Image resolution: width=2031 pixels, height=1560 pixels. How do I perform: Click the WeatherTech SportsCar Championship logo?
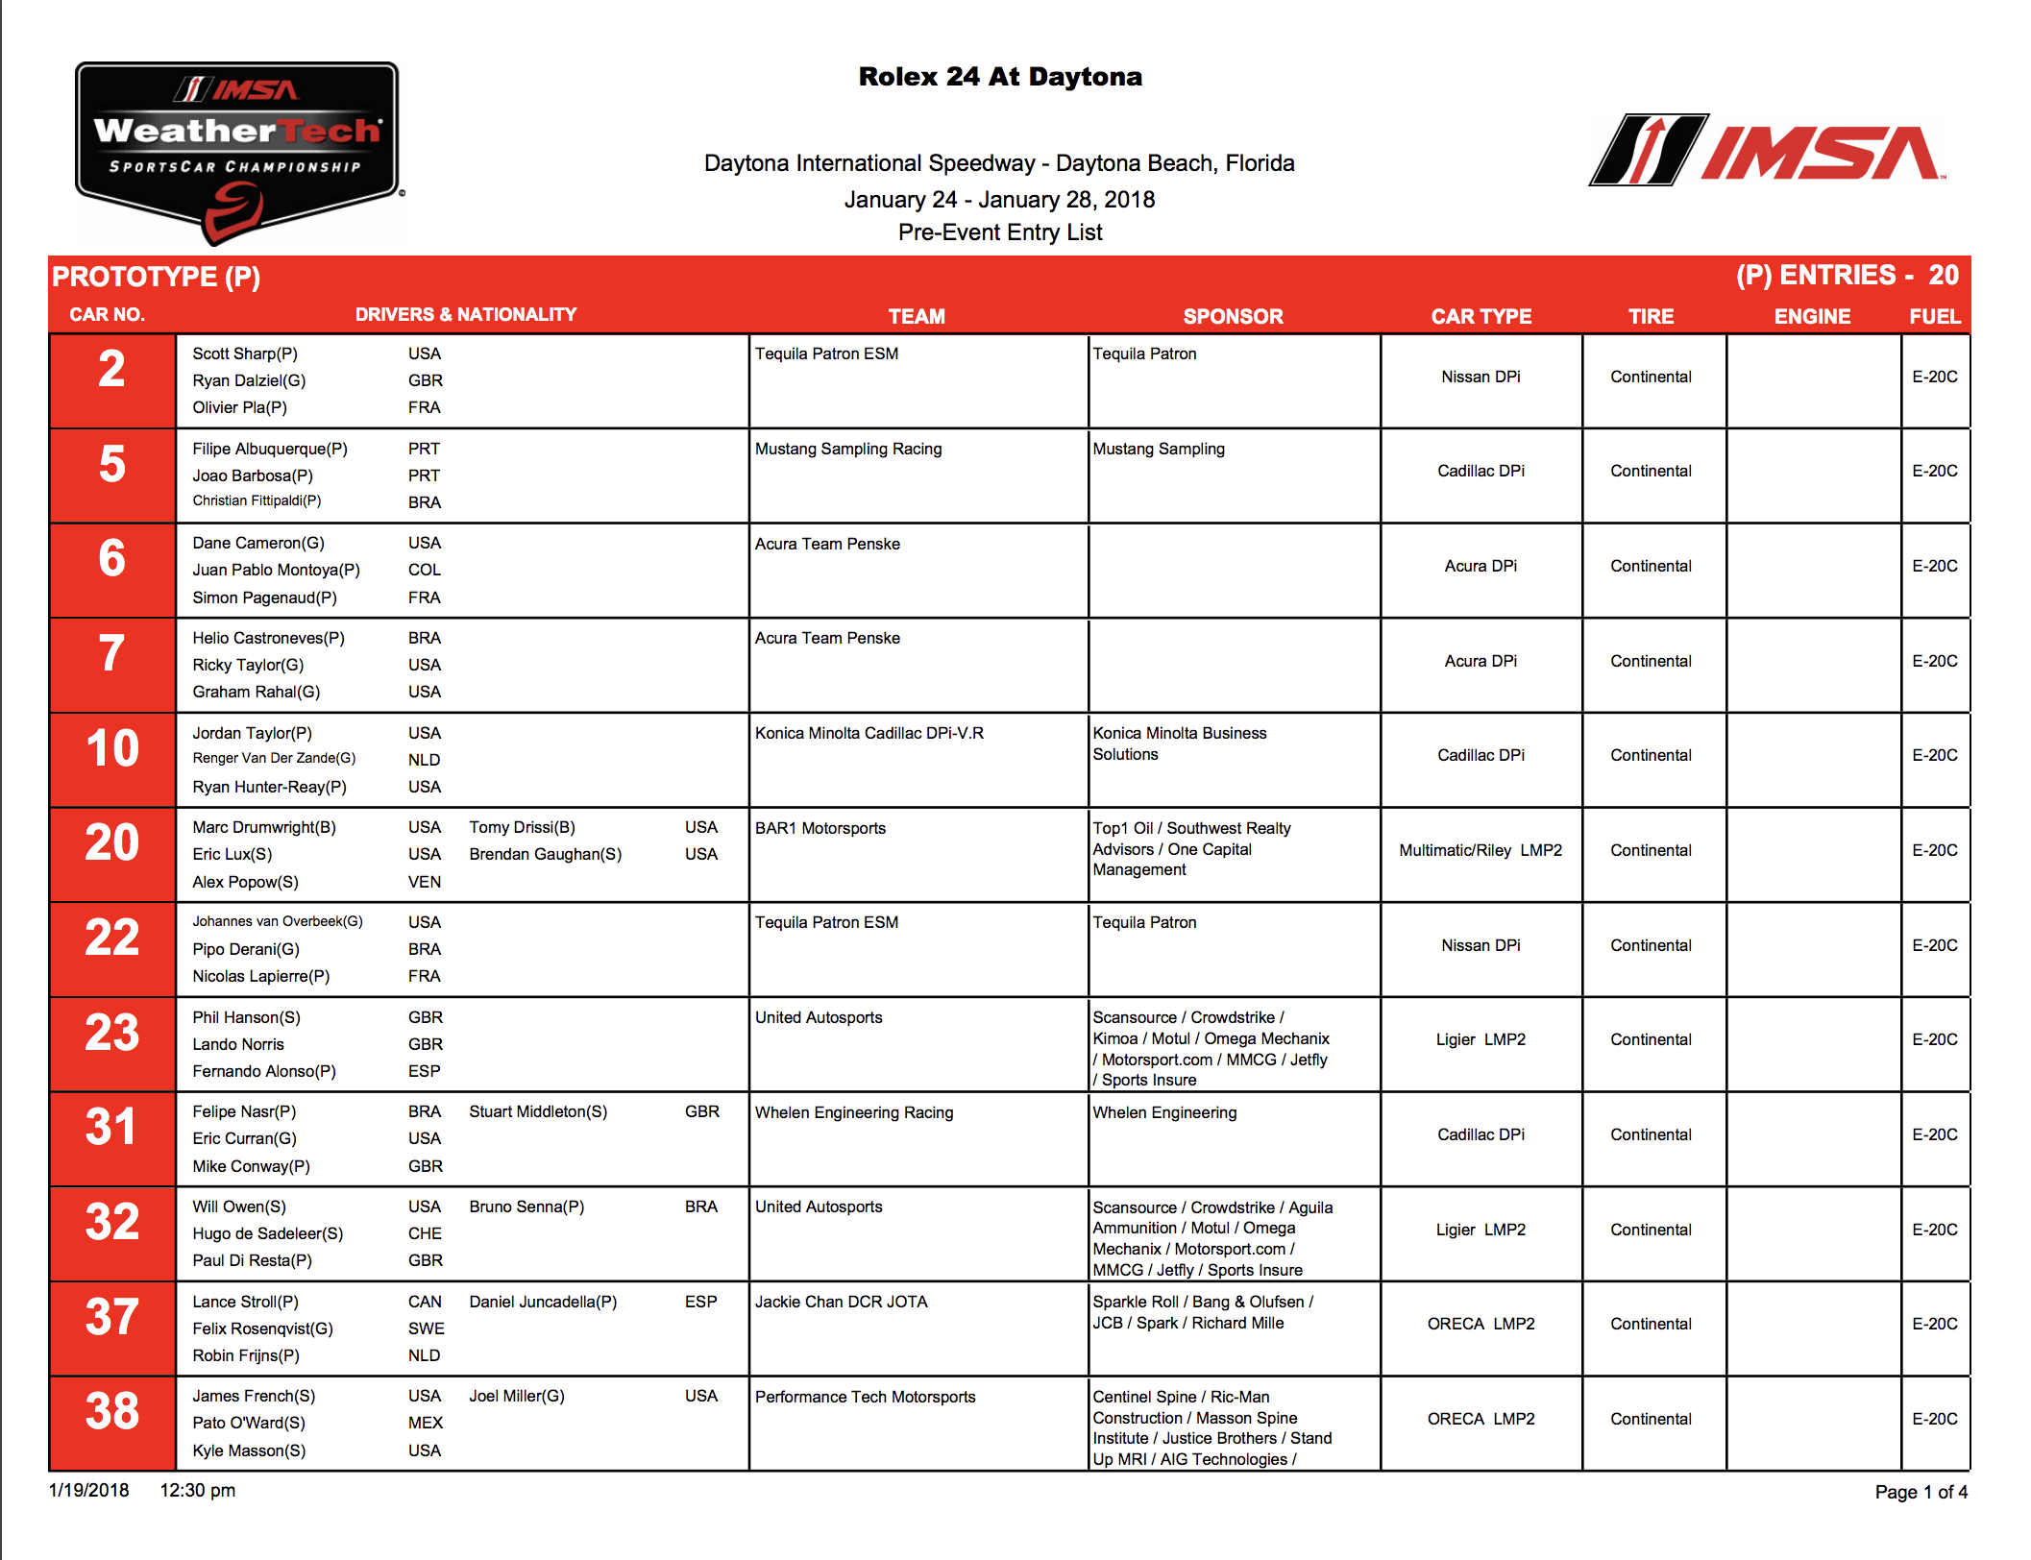click(236, 149)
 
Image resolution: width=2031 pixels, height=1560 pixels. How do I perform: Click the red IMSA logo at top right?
click(1768, 152)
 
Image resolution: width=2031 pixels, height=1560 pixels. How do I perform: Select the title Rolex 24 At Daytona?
click(999, 77)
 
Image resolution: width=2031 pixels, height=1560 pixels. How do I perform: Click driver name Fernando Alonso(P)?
click(264, 1071)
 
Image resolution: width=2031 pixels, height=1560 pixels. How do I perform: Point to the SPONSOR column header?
click(1233, 316)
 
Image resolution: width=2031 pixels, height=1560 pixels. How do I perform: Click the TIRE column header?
click(1651, 316)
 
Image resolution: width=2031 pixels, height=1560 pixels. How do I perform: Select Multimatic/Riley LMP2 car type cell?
click(1480, 850)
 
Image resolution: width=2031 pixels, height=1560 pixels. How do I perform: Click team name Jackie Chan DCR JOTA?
click(841, 1302)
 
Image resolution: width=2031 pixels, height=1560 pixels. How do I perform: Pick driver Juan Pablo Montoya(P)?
click(276, 570)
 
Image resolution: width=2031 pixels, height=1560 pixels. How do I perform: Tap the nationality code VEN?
click(425, 882)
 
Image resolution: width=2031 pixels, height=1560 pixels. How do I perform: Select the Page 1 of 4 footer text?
click(1921, 1492)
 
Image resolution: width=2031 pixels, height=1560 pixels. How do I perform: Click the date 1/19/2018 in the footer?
click(88, 1490)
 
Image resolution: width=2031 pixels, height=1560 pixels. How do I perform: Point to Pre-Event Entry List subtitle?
click(999, 232)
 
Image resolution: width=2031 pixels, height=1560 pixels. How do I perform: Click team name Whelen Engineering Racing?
click(854, 1112)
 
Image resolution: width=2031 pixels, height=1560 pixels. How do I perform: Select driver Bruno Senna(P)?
click(526, 1207)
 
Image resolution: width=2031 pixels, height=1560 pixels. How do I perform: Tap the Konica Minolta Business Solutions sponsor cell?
click(1179, 743)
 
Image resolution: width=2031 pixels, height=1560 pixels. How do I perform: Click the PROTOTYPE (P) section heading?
click(156, 277)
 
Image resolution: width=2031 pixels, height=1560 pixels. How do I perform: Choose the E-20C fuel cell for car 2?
click(1934, 377)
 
